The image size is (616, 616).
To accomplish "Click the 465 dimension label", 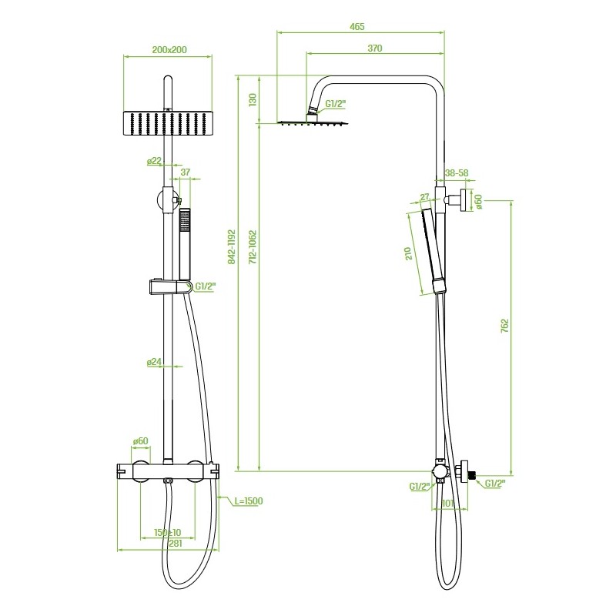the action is [x=357, y=27].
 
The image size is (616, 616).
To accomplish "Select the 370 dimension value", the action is [x=375, y=49].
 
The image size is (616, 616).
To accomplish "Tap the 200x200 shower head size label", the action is [x=169, y=50].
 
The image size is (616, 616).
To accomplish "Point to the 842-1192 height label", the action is [x=232, y=247].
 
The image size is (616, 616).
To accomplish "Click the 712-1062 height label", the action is [x=253, y=247].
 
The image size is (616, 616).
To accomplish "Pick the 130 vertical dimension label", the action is [x=253, y=99].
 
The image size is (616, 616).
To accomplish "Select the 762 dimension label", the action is [x=504, y=326].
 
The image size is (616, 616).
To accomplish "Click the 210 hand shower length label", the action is [x=408, y=253].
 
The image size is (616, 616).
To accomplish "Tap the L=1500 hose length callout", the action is [x=248, y=501].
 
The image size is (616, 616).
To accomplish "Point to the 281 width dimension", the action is [x=176, y=544].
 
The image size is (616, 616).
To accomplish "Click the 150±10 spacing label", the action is [x=167, y=533].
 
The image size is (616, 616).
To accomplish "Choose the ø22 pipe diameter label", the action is [x=155, y=161].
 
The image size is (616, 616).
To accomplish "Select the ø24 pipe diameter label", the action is [x=154, y=362].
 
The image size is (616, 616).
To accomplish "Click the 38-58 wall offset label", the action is [x=457, y=172].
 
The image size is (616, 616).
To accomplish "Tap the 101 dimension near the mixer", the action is [x=448, y=504].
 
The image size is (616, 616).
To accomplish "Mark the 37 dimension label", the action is [x=185, y=172].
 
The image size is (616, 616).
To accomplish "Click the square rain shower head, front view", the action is [x=168, y=123].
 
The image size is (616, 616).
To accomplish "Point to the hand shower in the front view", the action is [x=185, y=244].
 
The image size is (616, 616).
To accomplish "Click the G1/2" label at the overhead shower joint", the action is [x=336, y=104].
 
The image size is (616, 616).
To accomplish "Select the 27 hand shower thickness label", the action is [x=425, y=197].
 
